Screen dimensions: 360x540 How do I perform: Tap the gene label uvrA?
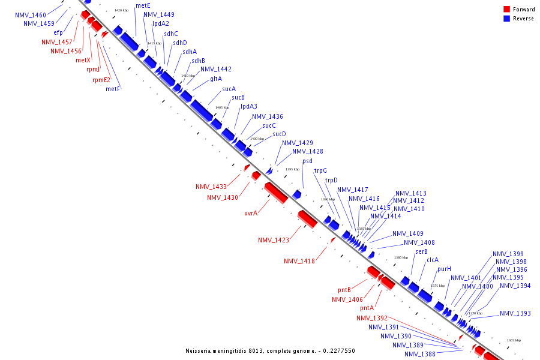pyautogui.click(x=251, y=213)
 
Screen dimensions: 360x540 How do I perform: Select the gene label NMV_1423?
pyautogui.click(x=274, y=240)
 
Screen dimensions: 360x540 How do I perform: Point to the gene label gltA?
pyautogui.click(x=216, y=79)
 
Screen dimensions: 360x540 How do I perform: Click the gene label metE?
pyautogui.click(x=143, y=5)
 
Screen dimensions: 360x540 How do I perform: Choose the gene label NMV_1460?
pyautogui.click(x=31, y=14)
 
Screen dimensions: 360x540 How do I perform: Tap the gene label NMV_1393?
pyautogui.click(x=515, y=313)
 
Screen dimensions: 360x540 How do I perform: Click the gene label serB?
pyautogui.click(x=421, y=251)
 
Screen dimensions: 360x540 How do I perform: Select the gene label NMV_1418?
pyautogui.click(x=299, y=261)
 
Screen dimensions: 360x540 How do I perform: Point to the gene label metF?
pyautogui.click(x=113, y=89)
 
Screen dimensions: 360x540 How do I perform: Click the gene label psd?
pyautogui.click(x=307, y=161)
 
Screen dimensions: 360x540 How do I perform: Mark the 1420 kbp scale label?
pyautogui.click(x=121, y=10)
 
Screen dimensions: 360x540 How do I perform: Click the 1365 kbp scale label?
pyautogui.click(x=514, y=340)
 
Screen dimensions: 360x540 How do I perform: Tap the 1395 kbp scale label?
pyautogui.click(x=292, y=169)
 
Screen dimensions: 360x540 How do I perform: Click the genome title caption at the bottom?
pyautogui.click(x=270, y=351)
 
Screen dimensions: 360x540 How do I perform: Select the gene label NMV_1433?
pyautogui.click(x=211, y=187)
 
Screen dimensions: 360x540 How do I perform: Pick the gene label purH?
pyautogui.click(x=444, y=269)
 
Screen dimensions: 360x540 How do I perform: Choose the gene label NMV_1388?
pyautogui.click(x=420, y=354)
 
